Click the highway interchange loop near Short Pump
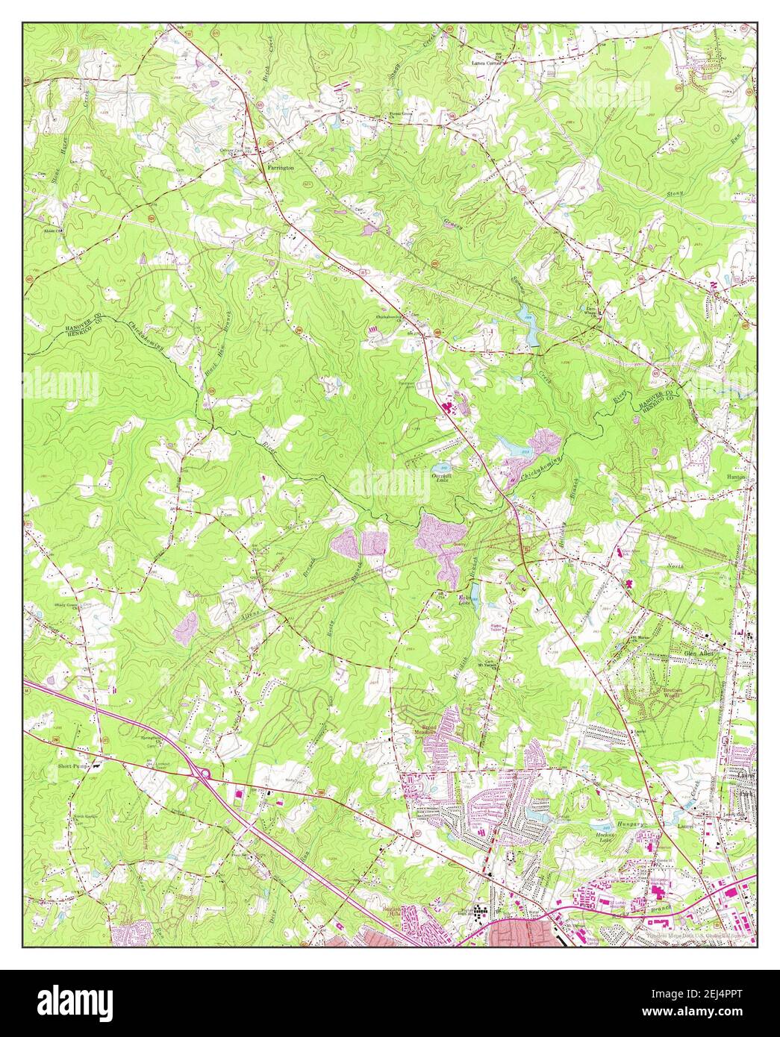202,775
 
